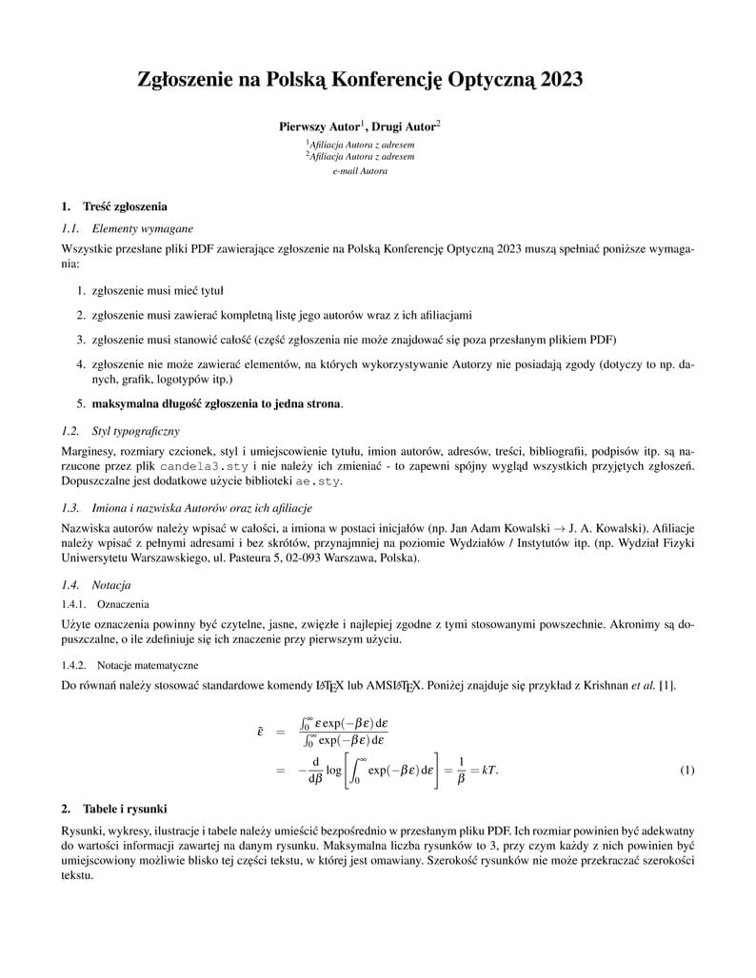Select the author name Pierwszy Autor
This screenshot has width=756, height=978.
point(318,126)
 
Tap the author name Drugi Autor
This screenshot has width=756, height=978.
point(403,126)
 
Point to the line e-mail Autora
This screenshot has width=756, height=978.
point(360,171)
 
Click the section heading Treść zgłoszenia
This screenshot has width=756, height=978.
point(125,206)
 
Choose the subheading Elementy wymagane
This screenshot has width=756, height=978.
point(142,228)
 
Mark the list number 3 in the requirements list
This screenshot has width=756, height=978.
point(81,339)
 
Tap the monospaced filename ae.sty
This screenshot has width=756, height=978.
point(316,480)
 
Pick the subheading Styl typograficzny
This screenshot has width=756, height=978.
point(135,431)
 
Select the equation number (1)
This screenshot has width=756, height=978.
point(687,770)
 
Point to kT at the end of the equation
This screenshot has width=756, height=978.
point(489,770)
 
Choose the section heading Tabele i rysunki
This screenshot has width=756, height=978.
point(125,810)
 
